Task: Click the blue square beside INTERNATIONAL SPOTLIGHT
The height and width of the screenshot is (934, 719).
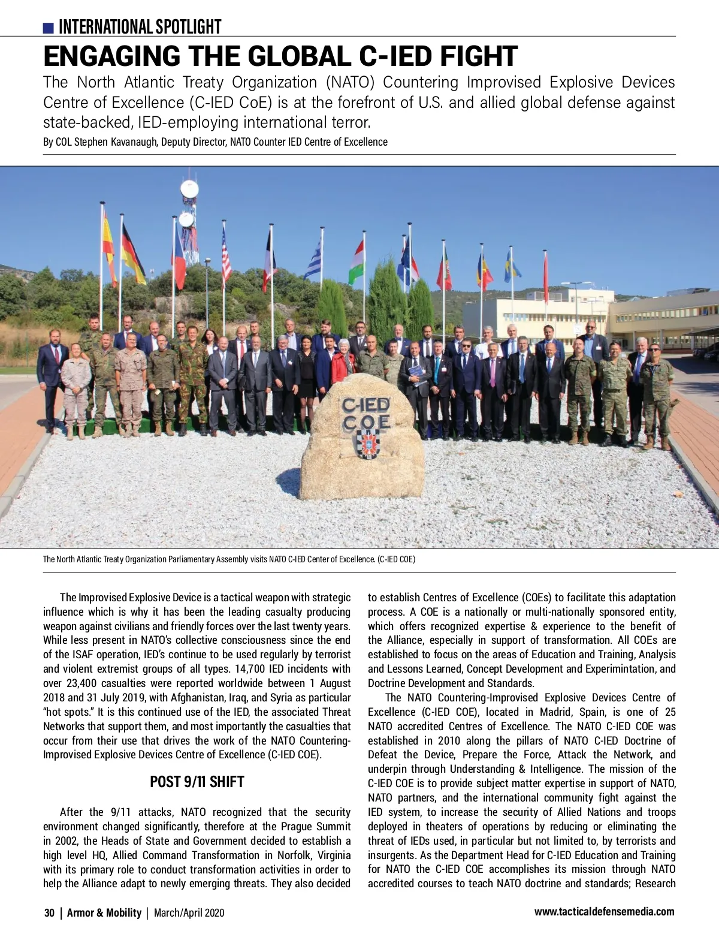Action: point(49,28)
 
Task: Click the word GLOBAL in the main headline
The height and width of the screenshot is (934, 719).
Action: point(300,56)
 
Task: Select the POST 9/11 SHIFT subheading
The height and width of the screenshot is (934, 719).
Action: point(197,782)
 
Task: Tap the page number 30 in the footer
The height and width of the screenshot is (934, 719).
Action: point(49,913)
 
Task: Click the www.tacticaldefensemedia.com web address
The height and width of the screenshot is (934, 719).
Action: point(604,912)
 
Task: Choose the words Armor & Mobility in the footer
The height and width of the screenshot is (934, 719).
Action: point(104,913)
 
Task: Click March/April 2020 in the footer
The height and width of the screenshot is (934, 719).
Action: point(189,913)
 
